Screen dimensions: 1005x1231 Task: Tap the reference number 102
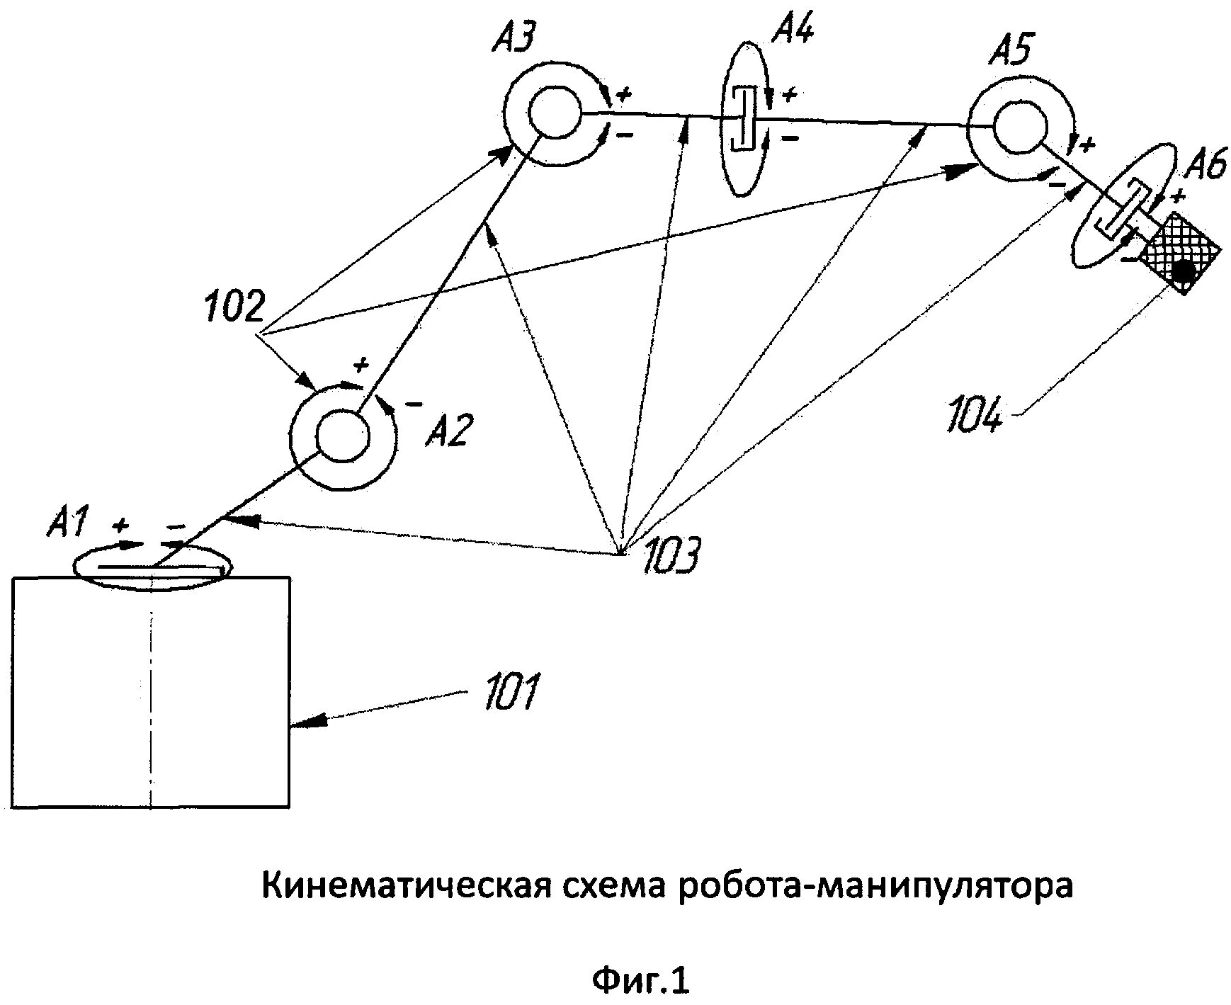pos(234,307)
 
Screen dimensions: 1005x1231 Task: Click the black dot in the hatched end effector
pos(1182,270)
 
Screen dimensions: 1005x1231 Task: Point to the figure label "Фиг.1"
pos(640,981)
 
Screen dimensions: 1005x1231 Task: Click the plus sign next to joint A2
pos(361,365)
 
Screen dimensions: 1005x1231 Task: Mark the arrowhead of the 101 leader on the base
pos(302,723)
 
